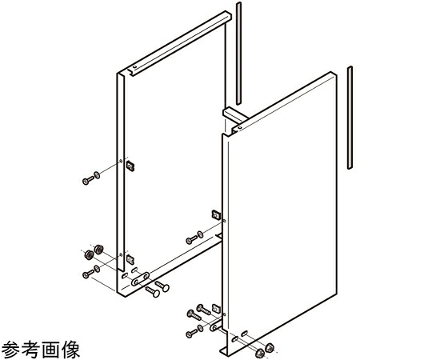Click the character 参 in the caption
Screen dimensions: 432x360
(x=11, y=350)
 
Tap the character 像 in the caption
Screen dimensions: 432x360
(x=70, y=350)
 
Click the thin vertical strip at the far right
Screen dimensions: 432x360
(x=350, y=118)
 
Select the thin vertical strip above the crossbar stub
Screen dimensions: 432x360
(x=238, y=54)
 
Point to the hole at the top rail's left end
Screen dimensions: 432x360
(x=134, y=67)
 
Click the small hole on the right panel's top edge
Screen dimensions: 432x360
(x=240, y=128)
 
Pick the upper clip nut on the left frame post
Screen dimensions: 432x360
(x=130, y=166)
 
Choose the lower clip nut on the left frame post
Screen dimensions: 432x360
(x=130, y=259)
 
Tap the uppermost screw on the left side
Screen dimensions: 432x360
(x=88, y=180)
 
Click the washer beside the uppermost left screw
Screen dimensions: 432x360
(x=97, y=175)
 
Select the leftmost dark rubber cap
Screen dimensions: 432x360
(x=89, y=255)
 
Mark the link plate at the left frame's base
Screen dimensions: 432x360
(x=140, y=278)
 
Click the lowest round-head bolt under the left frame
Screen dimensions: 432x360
(x=153, y=292)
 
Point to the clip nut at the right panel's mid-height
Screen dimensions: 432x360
(x=216, y=214)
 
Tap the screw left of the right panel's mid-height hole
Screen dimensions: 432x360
(x=192, y=240)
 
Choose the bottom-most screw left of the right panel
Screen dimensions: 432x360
(x=192, y=334)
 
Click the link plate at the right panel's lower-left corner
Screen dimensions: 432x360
(x=215, y=326)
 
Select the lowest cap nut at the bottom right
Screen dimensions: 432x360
(x=259, y=353)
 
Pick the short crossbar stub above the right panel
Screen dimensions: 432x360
(x=235, y=115)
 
